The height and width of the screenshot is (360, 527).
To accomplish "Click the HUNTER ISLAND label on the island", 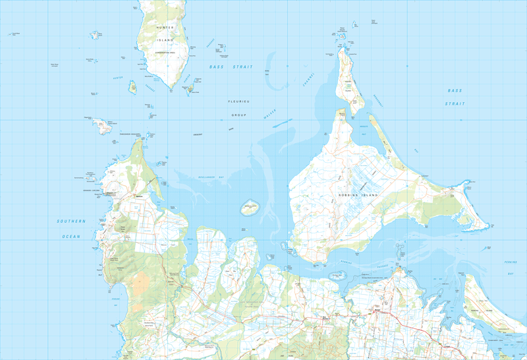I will (x=165, y=34).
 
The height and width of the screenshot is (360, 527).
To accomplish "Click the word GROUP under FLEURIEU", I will (x=238, y=115).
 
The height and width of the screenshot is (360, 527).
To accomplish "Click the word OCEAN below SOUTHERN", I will (x=70, y=236).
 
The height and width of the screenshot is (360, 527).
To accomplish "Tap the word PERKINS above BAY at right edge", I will (x=511, y=262).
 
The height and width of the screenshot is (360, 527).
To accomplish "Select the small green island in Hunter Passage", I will (x=132, y=86).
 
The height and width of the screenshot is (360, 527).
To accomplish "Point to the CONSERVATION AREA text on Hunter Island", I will (x=164, y=52).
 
